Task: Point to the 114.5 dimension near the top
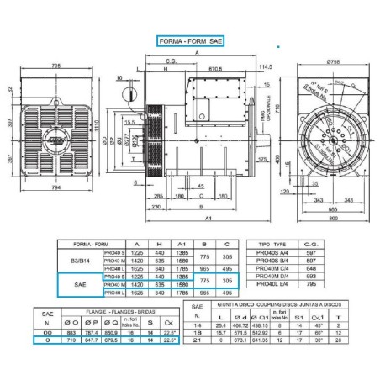[x=266, y=66]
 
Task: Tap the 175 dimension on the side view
[x=262, y=158]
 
